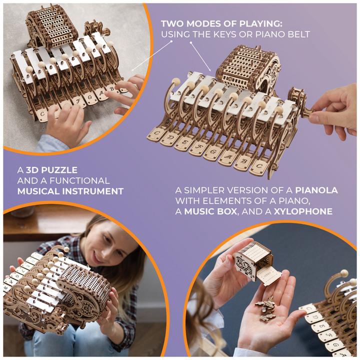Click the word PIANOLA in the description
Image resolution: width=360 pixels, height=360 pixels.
coord(316,190)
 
